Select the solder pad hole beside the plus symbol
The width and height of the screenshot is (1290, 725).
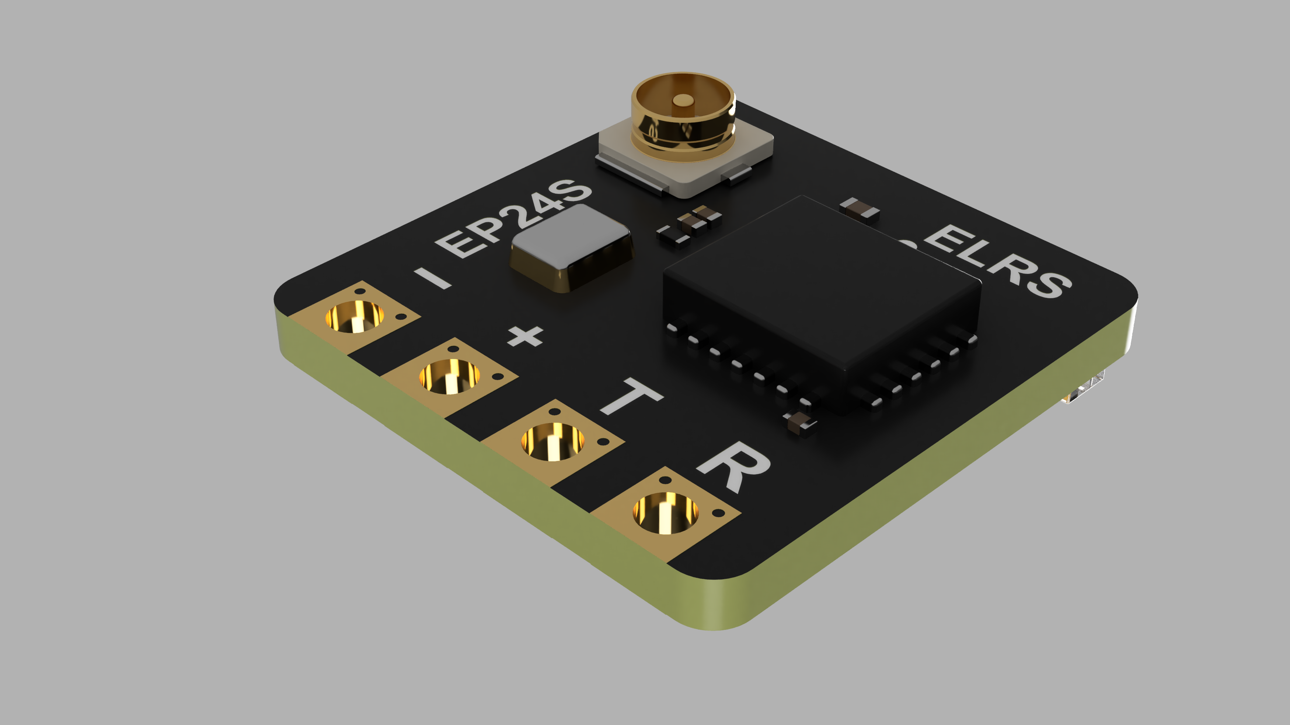(x=449, y=376)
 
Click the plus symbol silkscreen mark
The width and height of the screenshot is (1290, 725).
(x=525, y=336)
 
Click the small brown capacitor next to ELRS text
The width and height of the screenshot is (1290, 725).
(x=860, y=209)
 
